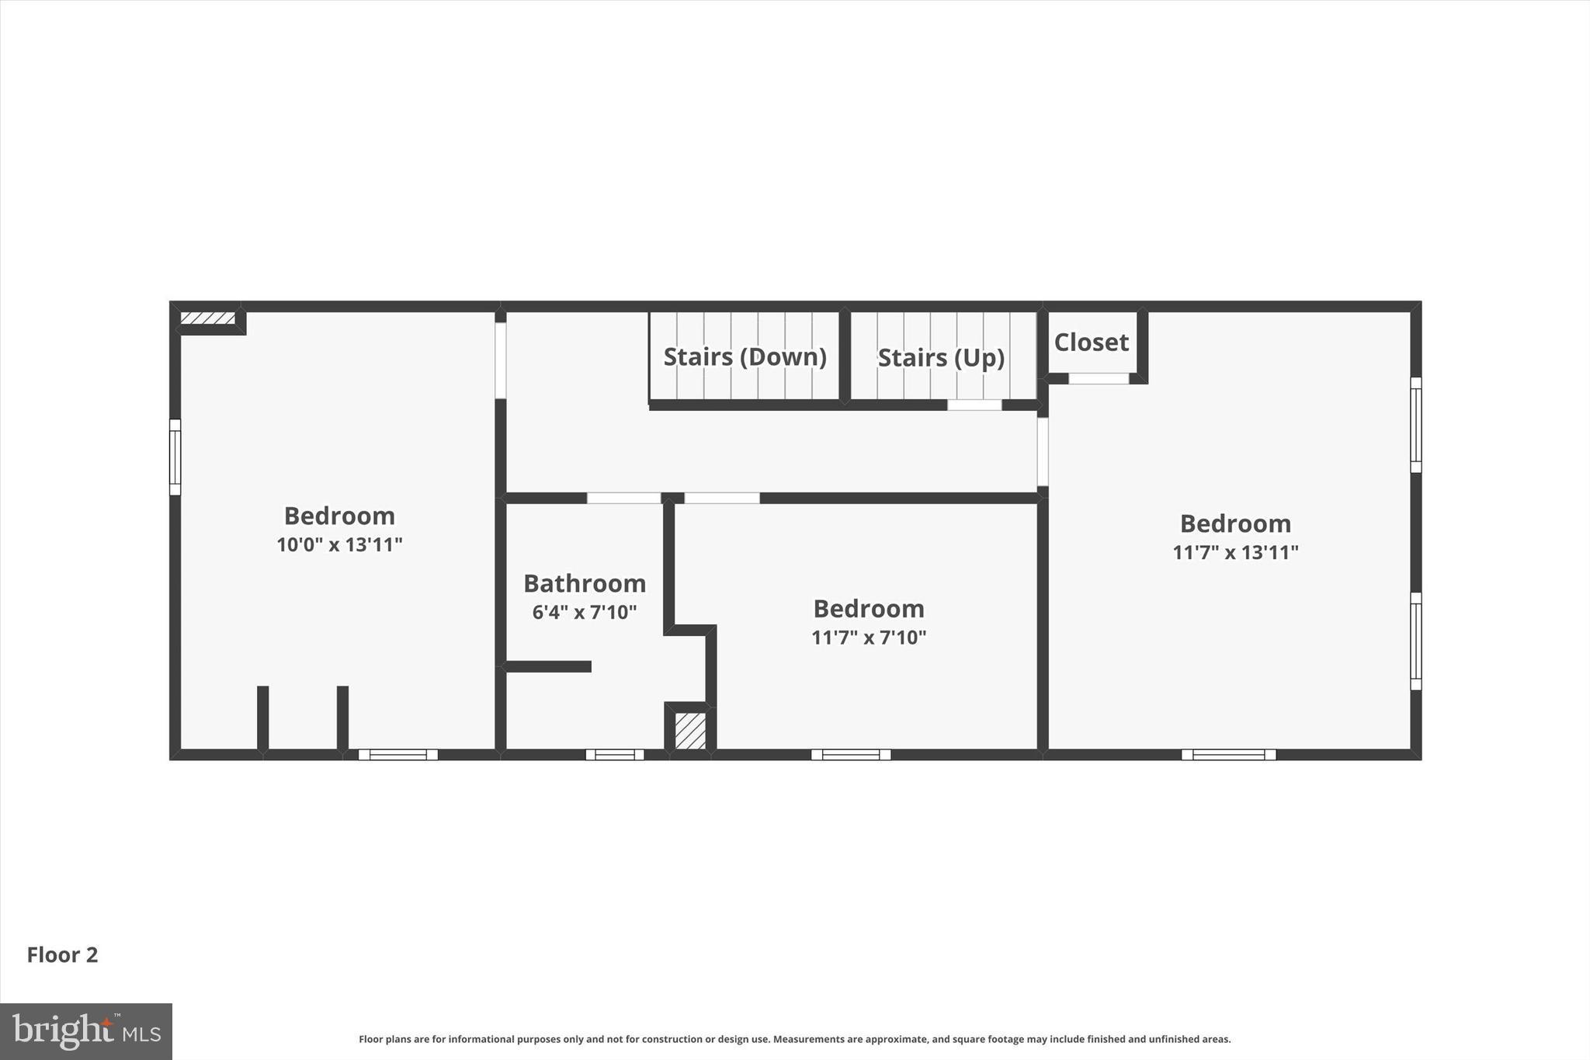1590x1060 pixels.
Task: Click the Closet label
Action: (1091, 342)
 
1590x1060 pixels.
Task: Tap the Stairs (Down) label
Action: (745, 357)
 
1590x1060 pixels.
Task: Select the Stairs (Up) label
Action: (941, 358)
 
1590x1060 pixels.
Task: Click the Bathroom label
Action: (585, 583)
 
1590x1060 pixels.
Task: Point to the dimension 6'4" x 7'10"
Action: (585, 612)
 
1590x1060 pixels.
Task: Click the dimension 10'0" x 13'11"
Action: (339, 544)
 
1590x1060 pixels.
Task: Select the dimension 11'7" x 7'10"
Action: (869, 638)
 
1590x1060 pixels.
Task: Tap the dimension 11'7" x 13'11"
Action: (1235, 552)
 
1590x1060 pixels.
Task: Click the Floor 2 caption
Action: (63, 955)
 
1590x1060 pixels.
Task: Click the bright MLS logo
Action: (86, 1031)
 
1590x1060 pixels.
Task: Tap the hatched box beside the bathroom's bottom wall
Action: (690, 731)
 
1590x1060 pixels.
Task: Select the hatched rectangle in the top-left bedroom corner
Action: (207, 318)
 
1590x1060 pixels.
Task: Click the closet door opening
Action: (1099, 379)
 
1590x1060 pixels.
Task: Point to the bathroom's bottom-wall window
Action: (615, 755)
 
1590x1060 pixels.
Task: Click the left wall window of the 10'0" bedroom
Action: (175, 457)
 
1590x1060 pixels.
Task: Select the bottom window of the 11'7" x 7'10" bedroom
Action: (851, 755)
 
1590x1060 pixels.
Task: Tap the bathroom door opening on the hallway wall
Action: (623, 498)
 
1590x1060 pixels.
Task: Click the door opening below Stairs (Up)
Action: (974, 405)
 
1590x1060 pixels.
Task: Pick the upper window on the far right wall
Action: (1415, 425)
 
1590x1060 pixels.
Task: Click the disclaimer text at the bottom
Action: (794, 1039)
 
